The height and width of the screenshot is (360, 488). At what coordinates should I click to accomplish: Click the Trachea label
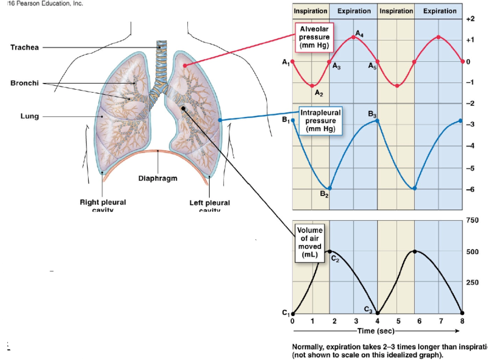coord(25,48)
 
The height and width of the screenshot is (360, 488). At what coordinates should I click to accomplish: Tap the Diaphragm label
coord(158,178)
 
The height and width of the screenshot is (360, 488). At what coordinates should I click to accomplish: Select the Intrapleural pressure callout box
coord(321,121)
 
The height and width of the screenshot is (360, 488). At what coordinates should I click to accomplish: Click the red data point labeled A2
coord(313,86)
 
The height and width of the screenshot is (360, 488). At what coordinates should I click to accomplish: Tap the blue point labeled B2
coord(329,188)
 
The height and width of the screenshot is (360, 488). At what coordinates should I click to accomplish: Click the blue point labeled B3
coord(377,121)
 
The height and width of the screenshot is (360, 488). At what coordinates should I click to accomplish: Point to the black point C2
coord(329,251)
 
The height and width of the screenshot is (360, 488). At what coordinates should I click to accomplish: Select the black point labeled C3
coord(378,314)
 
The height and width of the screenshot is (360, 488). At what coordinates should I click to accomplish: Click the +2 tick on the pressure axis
coord(469,19)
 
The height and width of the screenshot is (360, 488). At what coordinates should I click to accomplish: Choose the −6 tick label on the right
coord(469,190)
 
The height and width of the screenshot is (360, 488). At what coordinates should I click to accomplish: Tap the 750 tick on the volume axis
coord(472,219)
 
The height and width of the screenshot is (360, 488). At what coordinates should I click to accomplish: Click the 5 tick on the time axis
coord(398,321)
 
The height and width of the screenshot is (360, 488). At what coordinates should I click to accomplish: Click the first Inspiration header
coord(311,11)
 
